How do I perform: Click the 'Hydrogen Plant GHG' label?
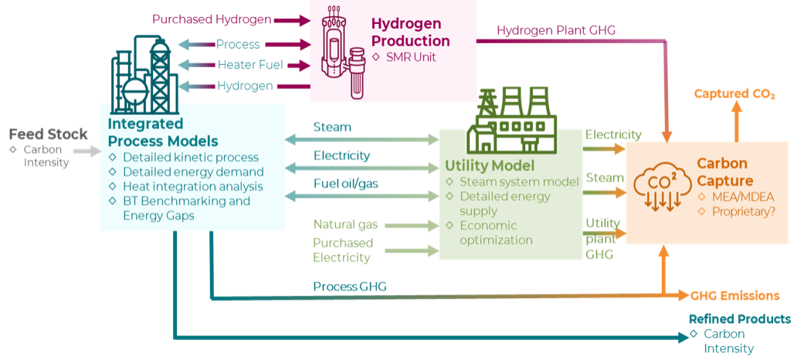point(556,30)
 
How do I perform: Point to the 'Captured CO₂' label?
point(734,93)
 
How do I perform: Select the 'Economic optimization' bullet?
point(496,232)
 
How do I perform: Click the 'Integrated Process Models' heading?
point(162,132)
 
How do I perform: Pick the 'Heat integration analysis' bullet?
point(192,186)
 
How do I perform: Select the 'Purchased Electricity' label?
point(343,250)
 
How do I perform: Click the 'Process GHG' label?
point(349,287)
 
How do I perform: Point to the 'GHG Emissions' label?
point(734,296)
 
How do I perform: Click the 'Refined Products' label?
point(739,319)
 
